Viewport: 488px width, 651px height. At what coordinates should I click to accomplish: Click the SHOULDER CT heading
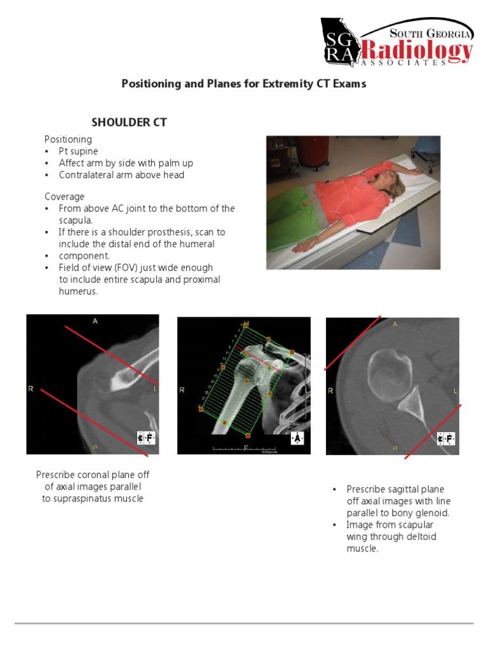click(129, 122)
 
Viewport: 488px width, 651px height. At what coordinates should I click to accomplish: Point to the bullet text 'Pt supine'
click(78, 151)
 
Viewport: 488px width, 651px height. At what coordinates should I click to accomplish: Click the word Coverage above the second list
click(64, 196)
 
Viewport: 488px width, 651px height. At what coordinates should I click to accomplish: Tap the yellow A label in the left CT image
click(95, 322)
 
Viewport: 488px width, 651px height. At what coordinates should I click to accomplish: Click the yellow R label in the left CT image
click(30, 388)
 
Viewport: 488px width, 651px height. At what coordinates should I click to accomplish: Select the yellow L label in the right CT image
click(455, 389)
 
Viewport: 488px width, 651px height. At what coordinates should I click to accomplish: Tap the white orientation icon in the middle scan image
click(297, 438)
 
